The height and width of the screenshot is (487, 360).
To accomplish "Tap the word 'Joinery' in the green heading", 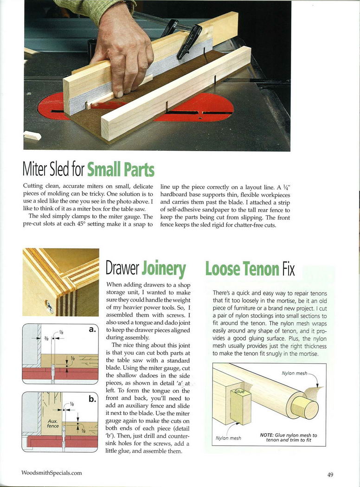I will pyautogui.click(x=164, y=269).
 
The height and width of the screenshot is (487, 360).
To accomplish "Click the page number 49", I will pyautogui.click(x=330, y=474).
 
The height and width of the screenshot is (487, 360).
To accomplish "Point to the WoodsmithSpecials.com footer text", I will pyautogui.click(x=51, y=473).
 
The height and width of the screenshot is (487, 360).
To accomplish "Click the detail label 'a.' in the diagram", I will pyautogui.click(x=91, y=329).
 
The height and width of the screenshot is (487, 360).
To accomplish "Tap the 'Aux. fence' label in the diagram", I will pyautogui.click(x=53, y=423).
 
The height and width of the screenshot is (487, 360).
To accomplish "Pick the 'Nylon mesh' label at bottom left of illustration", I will pyautogui.click(x=229, y=438).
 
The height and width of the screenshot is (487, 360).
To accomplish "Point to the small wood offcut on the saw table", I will pyautogui.click(x=32, y=136).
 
